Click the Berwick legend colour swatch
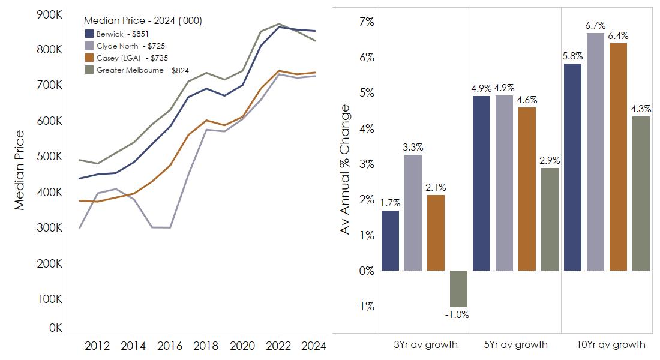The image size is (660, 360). coord(90,34)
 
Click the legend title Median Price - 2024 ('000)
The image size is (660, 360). coord(143,21)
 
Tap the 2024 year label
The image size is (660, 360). coord(313,346)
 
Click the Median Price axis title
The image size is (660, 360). coord(20,170)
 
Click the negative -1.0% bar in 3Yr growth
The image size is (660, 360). coord(459,289)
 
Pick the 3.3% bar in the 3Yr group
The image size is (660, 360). coord(413,212)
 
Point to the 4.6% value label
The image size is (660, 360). coord(527,100)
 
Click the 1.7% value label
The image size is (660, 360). coord(390,203)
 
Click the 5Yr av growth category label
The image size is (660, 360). coord(515,344)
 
